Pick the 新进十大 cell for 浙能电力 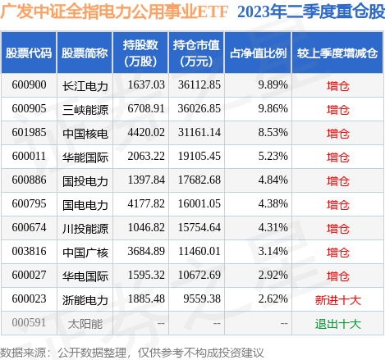click(x=337, y=300)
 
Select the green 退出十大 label click(x=337, y=324)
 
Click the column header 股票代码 click(x=30, y=52)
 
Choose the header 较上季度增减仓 click(x=337, y=52)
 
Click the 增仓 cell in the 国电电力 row click(x=337, y=204)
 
